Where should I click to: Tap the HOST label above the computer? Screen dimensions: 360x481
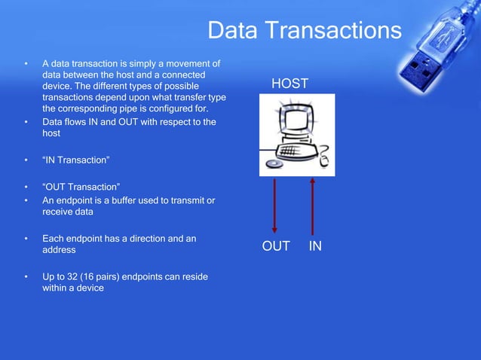coord(290,84)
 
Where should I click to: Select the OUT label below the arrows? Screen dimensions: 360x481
coord(276,246)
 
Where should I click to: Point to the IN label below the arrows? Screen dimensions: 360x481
coord(315,246)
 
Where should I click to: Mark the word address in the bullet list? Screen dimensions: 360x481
coord(59,250)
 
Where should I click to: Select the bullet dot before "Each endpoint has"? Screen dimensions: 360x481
coord(26,239)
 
